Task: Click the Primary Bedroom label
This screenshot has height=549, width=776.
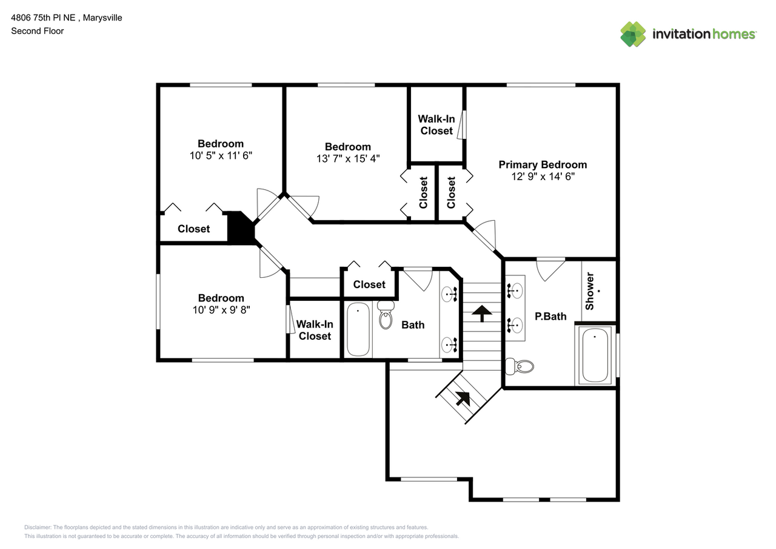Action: [x=543, y=164]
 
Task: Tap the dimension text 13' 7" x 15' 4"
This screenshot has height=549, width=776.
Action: [x=347, y=159]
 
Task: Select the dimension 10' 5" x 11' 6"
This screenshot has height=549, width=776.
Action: [x=221, y=155]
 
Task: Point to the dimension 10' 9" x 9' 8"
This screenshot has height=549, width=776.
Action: [x=221, y=309]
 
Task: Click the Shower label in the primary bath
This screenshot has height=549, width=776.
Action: [x=590, y=291]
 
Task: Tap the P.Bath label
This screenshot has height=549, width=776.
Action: [x=550, y=316]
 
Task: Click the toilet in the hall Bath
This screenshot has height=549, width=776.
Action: [x=386, y=314]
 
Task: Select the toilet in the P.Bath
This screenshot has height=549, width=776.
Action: [x=520, y=366]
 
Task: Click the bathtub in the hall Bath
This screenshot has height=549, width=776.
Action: [x=358, y=329]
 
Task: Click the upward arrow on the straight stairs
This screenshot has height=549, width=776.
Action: [x=482, y=313]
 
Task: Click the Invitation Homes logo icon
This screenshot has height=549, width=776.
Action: [x=633, y=34]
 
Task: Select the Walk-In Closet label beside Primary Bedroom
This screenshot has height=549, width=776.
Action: [x=436, y=125]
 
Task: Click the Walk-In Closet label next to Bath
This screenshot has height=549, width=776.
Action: [x=315, y=330]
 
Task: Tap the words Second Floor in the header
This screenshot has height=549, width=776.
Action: [x=37, y=31]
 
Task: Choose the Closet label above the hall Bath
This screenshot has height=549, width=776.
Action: [x=369, y=285]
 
